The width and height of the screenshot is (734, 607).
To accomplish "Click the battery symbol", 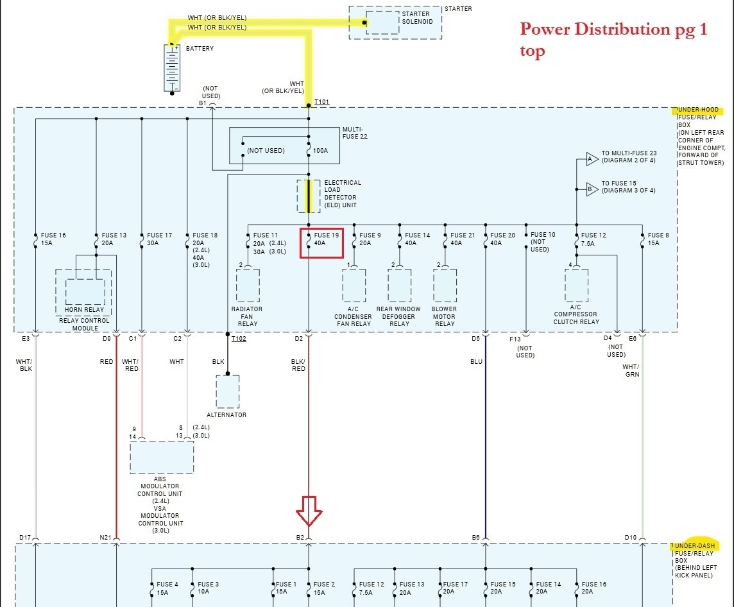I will point(171,68).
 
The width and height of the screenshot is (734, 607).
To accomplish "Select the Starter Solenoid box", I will point(382,22).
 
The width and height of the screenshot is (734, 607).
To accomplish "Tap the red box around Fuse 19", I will point(321,243).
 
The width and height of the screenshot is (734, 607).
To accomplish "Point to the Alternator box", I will point(227,391).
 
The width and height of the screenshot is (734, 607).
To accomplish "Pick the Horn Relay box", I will point(84,293).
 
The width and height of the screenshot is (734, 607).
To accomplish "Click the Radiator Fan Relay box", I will point(248,285).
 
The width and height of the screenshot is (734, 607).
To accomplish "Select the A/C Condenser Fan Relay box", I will point(354,285).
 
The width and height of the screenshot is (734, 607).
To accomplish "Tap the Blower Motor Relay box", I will point(445,285).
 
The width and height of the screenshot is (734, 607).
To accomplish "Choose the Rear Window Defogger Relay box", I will point(399,285).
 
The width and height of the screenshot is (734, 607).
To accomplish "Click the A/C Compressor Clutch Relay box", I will point(576,285).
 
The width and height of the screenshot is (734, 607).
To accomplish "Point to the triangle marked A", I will point(590,158).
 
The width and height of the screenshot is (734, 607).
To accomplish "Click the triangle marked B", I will point(590,189).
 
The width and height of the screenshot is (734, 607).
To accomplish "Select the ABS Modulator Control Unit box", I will point(162,457).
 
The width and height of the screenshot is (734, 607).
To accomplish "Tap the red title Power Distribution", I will point(613,30).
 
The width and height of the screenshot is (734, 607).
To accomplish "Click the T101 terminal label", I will point(321,102).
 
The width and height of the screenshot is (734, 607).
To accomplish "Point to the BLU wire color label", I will point(476,362).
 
